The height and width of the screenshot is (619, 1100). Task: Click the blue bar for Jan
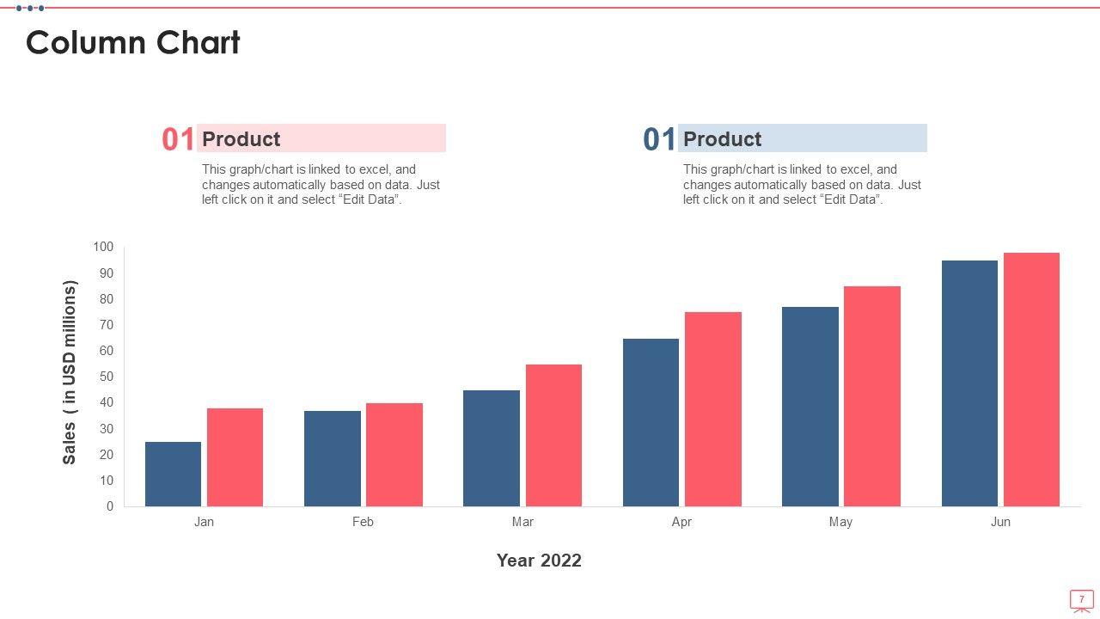[173, 474]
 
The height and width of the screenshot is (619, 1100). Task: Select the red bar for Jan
[235, 457]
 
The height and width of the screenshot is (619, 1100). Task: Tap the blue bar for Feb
[332, 458]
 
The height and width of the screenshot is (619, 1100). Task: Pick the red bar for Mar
[553, 435]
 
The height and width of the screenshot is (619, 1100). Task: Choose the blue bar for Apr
[651, 422]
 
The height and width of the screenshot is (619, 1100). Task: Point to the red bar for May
[871, 396]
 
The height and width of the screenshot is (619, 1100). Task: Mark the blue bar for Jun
[969, 383]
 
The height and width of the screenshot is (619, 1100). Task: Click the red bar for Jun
[1031, 379]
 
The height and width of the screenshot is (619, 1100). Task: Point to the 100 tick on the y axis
[103, 248]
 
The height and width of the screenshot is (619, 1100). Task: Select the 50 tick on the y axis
[107, 377]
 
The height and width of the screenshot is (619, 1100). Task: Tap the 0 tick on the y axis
[110, 506]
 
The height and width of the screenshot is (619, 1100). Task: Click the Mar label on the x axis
[522, 522]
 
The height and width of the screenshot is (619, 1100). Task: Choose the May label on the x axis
[840, 522]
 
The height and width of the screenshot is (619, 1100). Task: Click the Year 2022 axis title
[539, 561]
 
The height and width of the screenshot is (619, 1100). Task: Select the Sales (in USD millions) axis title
[70, 372]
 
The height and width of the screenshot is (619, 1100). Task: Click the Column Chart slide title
[133, 42]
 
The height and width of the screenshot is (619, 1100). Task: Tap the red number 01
[178, 139]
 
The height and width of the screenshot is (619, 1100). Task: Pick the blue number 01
[659, 139]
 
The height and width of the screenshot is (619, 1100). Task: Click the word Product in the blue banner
[722, 139]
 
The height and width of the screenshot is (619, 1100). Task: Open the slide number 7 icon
[1081, 599]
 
